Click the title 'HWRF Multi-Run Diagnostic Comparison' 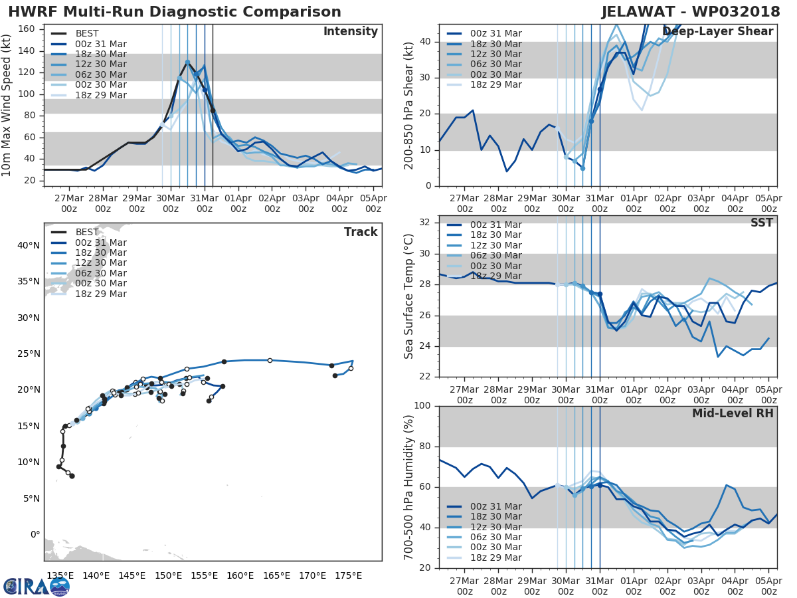(x=175, y=12)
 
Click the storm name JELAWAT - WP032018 (x=691, y=12)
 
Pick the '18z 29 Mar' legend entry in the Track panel (x=100, y=294)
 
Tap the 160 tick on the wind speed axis (x=30, y=29)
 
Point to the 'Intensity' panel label (x=350, y=32)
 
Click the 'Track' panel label (x=360, y=232)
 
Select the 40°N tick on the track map (x=29, y=245)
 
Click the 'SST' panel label (x=762, y=223)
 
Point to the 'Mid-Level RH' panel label (x=733, y=413)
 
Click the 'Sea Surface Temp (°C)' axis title (x=409, y=297)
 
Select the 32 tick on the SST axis (x=425, y=223)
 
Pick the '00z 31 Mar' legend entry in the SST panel (x=496, y=225)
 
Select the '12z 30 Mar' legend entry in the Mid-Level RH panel (x=496, y=527)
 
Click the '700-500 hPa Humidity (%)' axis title (x=409, y=487)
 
